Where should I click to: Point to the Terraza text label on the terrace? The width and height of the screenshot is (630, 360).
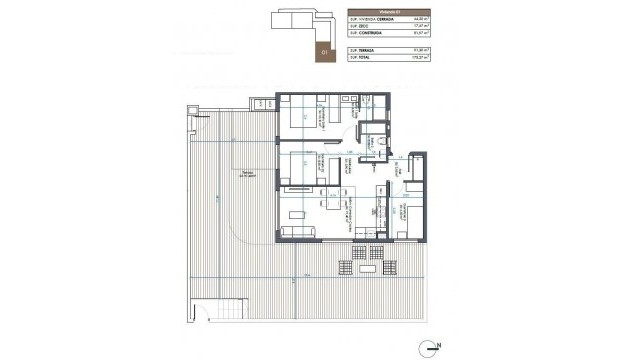[245, 169]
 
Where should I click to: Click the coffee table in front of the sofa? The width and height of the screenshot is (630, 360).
[297, 214]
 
